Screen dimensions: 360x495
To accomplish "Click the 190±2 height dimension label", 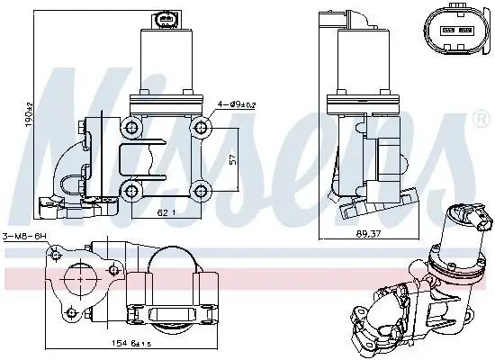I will pos(29,115).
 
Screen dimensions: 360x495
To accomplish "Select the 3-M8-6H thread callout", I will pos(24,238).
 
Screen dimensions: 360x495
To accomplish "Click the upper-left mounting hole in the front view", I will pos(134,124).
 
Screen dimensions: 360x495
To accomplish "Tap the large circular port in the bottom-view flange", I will pos(85,283).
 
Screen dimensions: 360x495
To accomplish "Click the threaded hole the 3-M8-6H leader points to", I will pos(56,256).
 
